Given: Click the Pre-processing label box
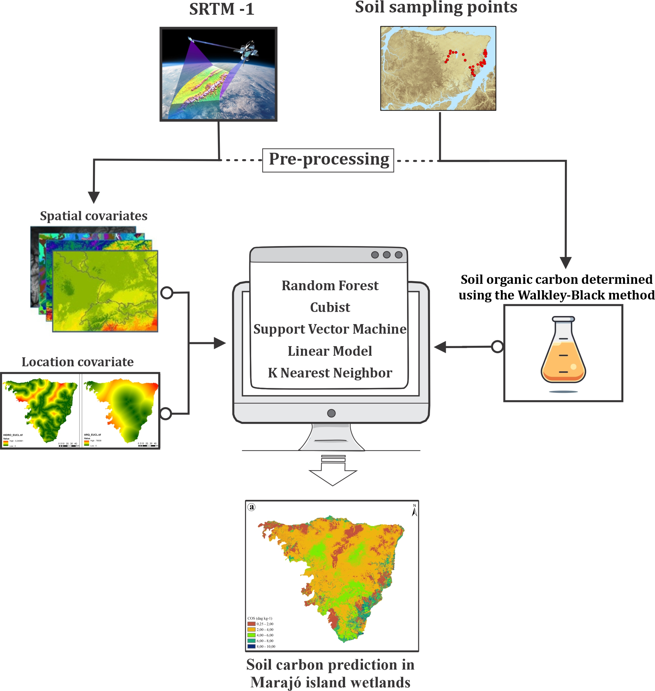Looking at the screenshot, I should tap(328, 160).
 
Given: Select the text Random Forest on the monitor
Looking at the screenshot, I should tap(330, 286).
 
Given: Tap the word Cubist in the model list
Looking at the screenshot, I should tap(330, 307).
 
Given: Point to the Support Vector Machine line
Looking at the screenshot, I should tap(330, 329).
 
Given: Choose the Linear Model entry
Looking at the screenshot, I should tap(330, 351).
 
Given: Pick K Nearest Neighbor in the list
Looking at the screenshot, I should tap(330, 373).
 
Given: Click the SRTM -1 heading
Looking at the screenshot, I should tap(221, 9).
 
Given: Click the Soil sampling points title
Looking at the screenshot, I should tap(436, 7).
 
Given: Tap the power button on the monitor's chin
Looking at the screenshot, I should tap(331, 413).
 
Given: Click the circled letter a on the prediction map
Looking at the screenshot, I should tap(251, 507).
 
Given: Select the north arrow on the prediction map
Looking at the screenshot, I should tap(414, 510).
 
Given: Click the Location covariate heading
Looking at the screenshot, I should tap(78, 362).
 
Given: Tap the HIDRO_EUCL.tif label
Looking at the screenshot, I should tap(13, 435).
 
